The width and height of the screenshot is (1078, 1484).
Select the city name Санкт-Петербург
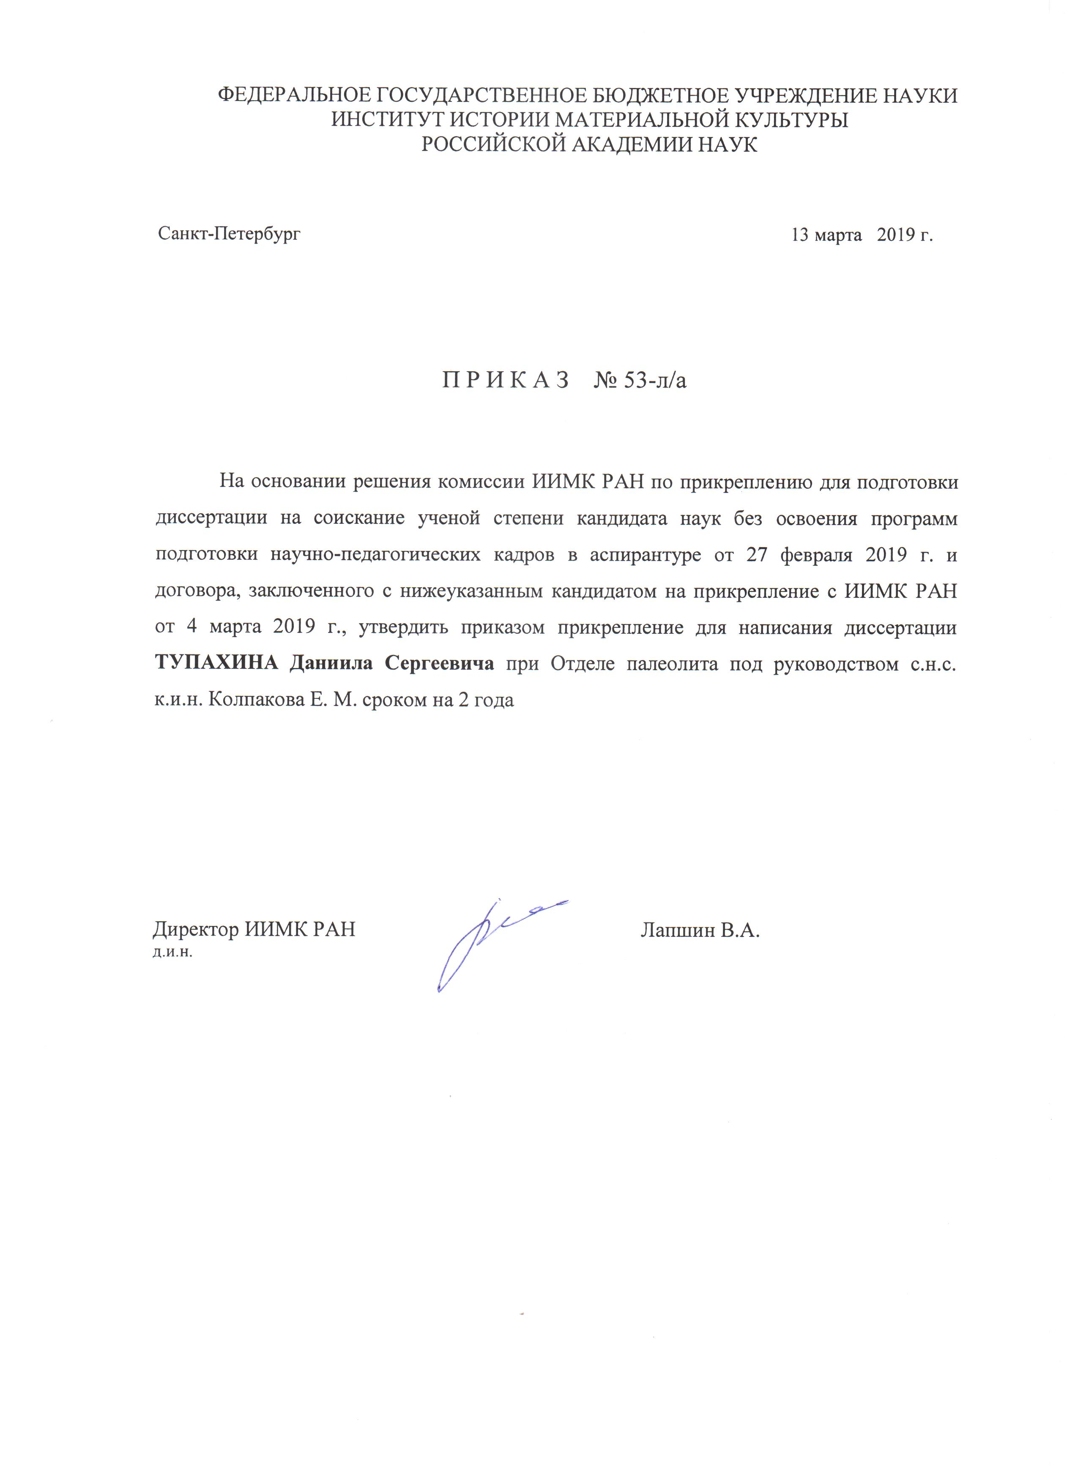(x=229, y=233)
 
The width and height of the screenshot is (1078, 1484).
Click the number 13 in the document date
(x=801, y=235)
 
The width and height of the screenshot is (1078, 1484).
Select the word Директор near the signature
(x=196, y=929)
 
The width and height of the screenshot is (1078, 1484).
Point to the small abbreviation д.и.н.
(x=172, y=952)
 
